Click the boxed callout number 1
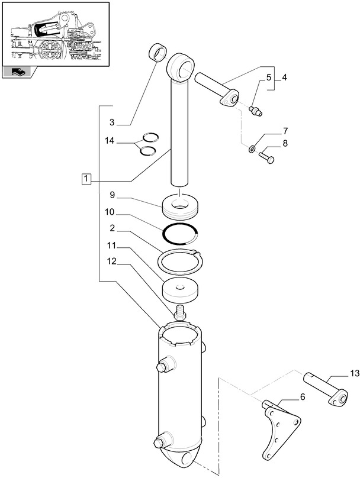pos(86,179)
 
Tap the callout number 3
pos(111,122)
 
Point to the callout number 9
pos(111,194)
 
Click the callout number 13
pos(354,373)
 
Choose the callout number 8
pos(285,143)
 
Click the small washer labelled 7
pos(253,148)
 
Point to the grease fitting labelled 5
pos(256,109)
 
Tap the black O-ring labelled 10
pos(180,234)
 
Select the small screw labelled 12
pos(179,312)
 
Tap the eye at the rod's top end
pos(182,66)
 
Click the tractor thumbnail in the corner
pos(55,34)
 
